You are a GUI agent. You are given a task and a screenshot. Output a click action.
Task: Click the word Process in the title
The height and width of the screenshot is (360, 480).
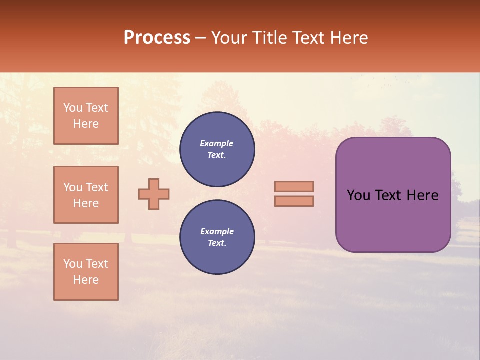click(x=157, y=38)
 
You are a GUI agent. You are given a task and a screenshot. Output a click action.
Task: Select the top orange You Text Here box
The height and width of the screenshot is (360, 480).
click(x=86, y=116)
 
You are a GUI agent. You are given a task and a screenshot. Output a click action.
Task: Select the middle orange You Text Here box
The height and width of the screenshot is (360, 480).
click(x=86, y=195)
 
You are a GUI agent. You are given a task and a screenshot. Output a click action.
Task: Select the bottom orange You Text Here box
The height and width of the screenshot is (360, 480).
click(x=86, y=272)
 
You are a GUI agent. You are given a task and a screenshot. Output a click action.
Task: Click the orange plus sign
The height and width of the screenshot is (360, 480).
click(x=154, y=194)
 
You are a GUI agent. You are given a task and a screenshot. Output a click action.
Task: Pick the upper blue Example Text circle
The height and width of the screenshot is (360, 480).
click(x=217, y=149)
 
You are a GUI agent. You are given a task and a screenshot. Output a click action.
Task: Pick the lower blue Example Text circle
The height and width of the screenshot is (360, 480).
click(x=217, y=237)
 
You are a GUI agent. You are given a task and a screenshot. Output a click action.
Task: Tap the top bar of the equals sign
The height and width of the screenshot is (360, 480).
click(x=294, y=186)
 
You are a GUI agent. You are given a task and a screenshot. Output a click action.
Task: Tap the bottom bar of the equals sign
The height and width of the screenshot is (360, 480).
click(x=294, y=201)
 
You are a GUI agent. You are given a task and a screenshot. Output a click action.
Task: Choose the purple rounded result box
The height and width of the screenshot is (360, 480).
click(x=393, y=220)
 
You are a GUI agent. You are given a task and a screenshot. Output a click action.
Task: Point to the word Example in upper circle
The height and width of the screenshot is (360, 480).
click(x=217, y=143)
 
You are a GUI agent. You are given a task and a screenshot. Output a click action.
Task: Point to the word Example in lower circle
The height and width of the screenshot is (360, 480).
click(x=217, y=231)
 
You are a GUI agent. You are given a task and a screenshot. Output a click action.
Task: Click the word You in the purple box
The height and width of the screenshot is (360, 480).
click(x=359, y=195)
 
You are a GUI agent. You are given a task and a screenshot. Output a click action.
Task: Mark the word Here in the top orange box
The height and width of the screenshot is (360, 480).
click(x=86, y=124)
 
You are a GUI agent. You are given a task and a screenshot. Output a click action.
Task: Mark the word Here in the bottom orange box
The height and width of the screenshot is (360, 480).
click(x=86, y=280)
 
